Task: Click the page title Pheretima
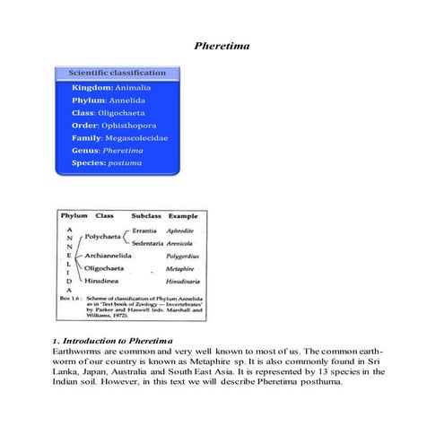coord(222,44)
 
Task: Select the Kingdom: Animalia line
coord(111,88)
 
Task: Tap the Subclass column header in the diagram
coord(147,217)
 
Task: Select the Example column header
coord(184,217)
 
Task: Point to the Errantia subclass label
coord(148,231)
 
